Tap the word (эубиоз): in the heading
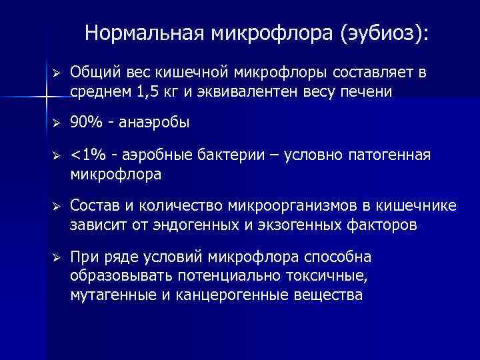click(x=385, y=34)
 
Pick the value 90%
click(x=85, y=123)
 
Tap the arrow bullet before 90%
click(x=57, y=123)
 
